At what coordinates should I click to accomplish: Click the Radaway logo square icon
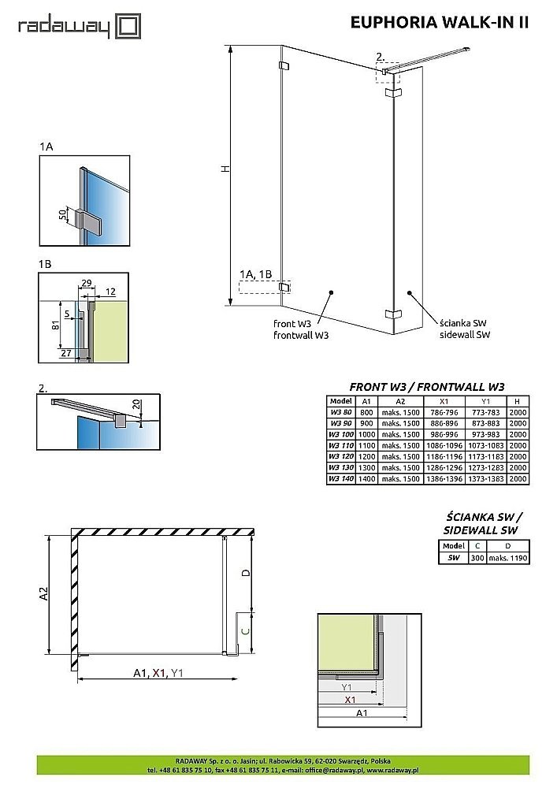pos(128,27)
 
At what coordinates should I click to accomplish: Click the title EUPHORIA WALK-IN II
pos(439,23)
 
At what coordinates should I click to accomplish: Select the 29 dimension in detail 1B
pos(87,282)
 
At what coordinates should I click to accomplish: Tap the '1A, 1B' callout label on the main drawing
pos(255,274)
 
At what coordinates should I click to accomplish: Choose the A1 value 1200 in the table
pos(367,456)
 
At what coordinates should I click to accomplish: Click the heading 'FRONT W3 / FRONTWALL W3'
pos(426,387)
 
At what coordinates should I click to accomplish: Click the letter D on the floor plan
pos(245,573)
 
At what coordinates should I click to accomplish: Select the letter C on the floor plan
pos(245,631)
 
